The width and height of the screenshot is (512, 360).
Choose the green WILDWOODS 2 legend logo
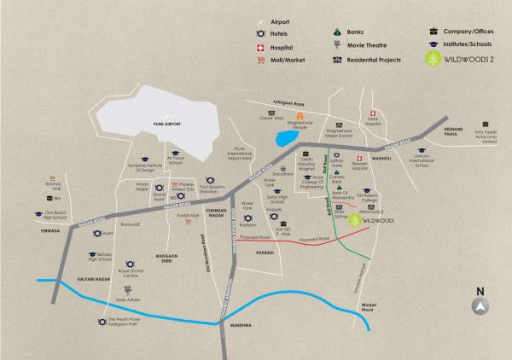click(434, 61)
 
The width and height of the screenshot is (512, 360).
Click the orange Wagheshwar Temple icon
click(300, 115)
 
